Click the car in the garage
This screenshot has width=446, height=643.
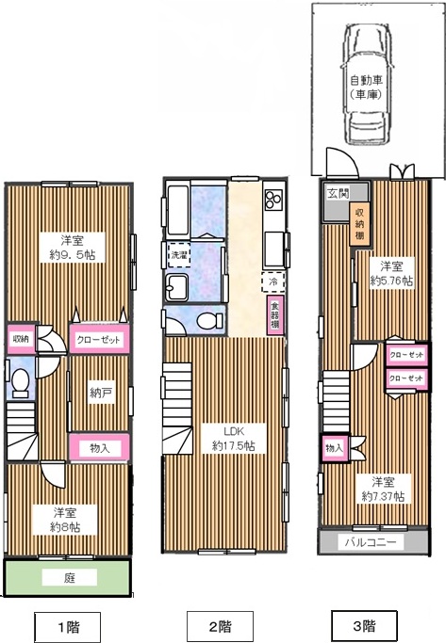(367, 84)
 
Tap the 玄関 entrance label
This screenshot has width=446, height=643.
(338, 193)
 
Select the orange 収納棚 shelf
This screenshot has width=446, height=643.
(359, 225)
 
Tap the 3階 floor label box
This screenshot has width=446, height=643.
(364, 627)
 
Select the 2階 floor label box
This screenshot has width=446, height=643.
(220, 627)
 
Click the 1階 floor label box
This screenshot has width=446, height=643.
(67, 627)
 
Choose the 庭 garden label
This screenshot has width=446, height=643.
(70, 578)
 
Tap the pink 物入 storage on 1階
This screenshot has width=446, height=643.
(99, 448)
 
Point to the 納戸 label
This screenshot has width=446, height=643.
(101, 394)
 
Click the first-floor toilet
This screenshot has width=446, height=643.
(20, 383)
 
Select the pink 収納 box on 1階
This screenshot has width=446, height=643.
(21, 339)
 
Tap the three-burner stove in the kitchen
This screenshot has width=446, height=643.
(273, 199)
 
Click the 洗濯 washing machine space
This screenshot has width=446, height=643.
(178, 255)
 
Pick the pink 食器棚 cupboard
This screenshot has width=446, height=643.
(274, 315)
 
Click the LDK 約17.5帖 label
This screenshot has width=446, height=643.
(233, 439)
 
